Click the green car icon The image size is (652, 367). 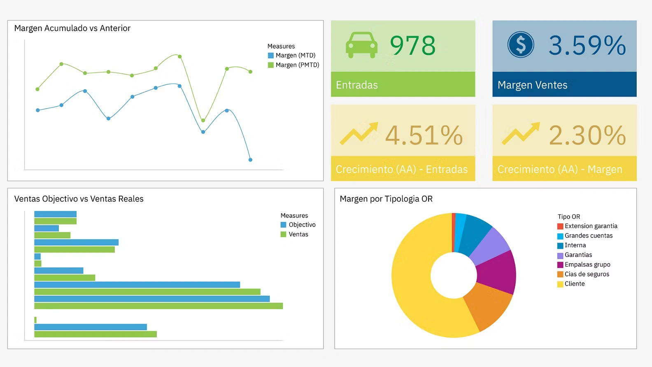(361, 45)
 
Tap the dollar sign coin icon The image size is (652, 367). (521, 44)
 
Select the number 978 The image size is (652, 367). (412, 45)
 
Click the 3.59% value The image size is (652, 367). (587, 45)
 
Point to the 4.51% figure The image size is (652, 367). (424, 135)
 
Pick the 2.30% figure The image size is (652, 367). (587, 135)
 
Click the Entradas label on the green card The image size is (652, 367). (357, 85)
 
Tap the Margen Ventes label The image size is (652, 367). (532, 85)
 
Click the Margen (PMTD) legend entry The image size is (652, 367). (297, 65)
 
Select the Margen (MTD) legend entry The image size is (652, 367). (295, 56)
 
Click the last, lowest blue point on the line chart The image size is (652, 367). (250, 160)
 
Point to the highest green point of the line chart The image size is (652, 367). (180, 56)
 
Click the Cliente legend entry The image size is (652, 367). (574, 284)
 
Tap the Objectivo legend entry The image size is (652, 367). (302, 225)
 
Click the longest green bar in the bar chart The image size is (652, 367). (158, 306)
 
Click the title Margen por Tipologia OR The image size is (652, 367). (386, 199)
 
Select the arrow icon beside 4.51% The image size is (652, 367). (359, 133)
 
